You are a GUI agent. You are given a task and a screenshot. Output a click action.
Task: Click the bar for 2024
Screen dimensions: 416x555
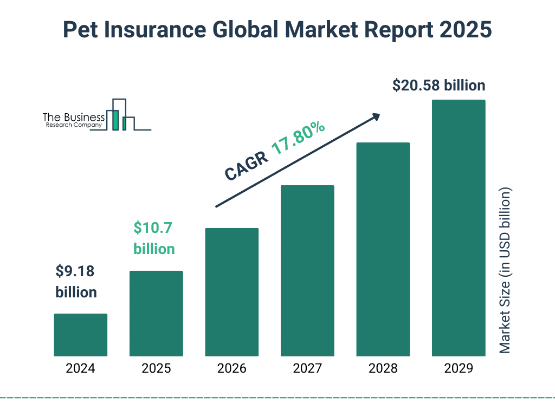pyautogui.click(x=80, y=335)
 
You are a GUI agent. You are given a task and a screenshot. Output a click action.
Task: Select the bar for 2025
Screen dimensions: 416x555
pyautogui.click(x=156, y=314)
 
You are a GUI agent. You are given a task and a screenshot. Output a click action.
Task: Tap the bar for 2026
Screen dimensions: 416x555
pyautogui.click(x=231, y=292)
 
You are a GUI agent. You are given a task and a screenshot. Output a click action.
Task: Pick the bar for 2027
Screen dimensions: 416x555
pyautogui.click(x=307, y=271)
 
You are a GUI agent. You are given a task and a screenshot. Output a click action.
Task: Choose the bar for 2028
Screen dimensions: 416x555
pyautogui.click(x=383, y=249)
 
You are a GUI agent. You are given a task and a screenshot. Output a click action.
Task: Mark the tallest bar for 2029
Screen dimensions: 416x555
pyautogui.click(x=459, y=228)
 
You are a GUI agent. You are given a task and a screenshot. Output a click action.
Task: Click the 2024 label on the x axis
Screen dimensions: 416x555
pyautogui.click(x=80, y=369)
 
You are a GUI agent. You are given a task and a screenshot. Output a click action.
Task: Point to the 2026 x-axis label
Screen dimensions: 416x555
pyautogui.click(x=231, y=369)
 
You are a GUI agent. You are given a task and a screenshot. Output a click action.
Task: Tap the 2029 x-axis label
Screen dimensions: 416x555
pyautogui.click(x=459, y=369)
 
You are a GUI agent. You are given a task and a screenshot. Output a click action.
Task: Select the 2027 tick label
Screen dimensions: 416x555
pyautogui.click(x=307, y=369)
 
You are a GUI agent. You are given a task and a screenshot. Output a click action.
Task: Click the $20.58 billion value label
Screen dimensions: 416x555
pyautogui.click(x=439, y=86)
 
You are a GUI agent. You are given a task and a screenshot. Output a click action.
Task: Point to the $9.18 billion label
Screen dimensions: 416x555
pyautogui.click(x=76, y=282)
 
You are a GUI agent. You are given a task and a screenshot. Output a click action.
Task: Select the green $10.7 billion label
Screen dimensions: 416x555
pyautogui.click(x=154, y=238)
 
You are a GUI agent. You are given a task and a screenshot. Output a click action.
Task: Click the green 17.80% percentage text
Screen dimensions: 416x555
pyautogui.click(x=298, y=139)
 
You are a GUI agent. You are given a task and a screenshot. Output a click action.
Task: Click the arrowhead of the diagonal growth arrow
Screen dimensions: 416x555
pyautogui.click(x=376, y=116)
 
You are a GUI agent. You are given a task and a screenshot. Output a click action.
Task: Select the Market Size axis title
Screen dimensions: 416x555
pyautogui.click(x=505, y=271)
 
